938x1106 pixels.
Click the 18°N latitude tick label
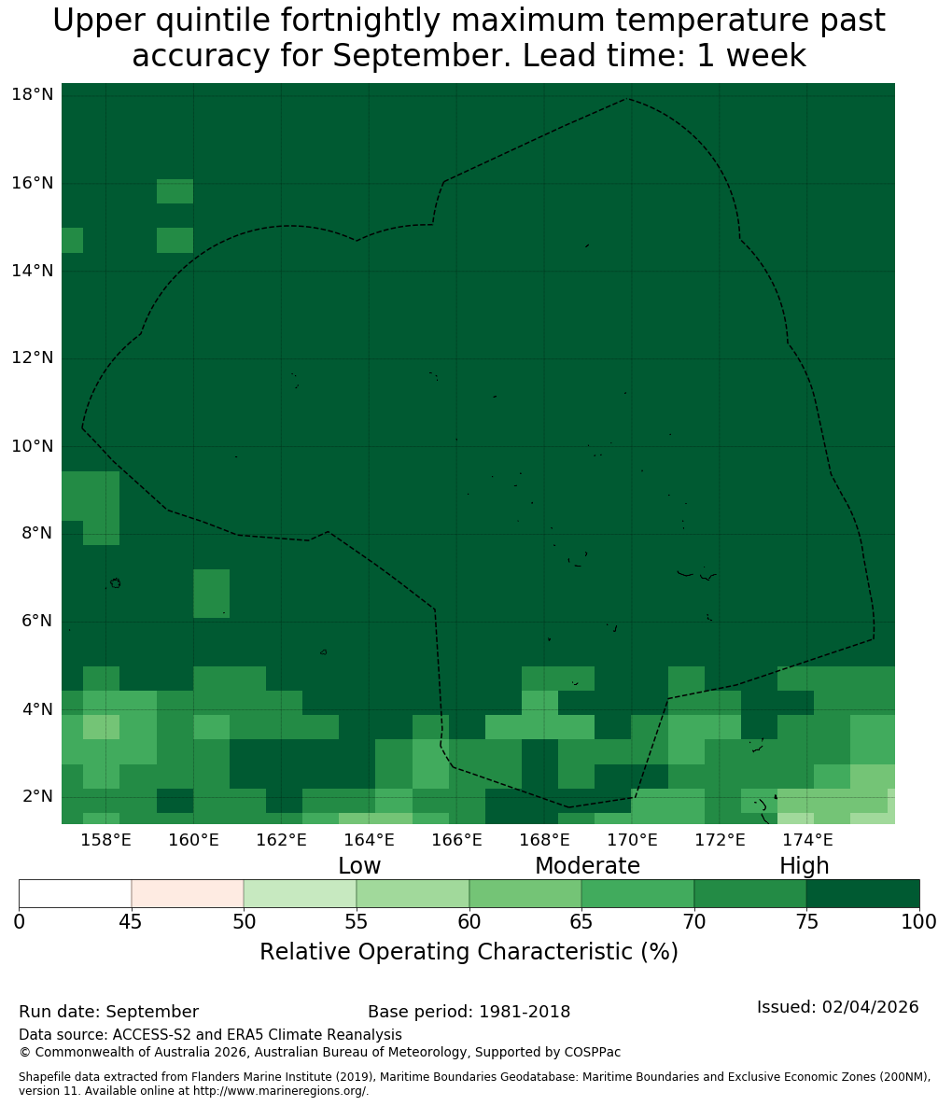click(x=33, y=94)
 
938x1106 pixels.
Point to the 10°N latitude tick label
click(x=33, y=446)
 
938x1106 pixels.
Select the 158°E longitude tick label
click(x=106, y=840)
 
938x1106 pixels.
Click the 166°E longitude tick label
click(x=457, y=840)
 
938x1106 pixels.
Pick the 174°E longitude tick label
click(x=807, y=840)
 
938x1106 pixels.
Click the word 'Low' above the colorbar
click(x=359, y=865)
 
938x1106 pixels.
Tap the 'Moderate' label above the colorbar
click(x=587, y=865)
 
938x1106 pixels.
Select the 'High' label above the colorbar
click(x=804, y=866)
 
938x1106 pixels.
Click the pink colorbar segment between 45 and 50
click(x=188, y=894)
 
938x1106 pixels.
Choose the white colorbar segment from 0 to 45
click(x=76, y=894)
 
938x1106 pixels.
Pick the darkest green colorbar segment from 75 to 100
click(x=863, y=894)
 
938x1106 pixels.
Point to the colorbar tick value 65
click(x=581, y=922)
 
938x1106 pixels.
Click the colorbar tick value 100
click(x=919, y=922)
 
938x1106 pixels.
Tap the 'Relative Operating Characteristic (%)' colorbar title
click(x=469, y=952)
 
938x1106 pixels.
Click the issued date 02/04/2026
click(x=870, y=1007)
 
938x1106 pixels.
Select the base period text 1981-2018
click(x=525, y=1012)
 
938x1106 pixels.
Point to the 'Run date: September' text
click(x=108, y=1012)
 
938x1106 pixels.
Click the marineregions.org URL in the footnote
click(x=280, y=1091)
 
